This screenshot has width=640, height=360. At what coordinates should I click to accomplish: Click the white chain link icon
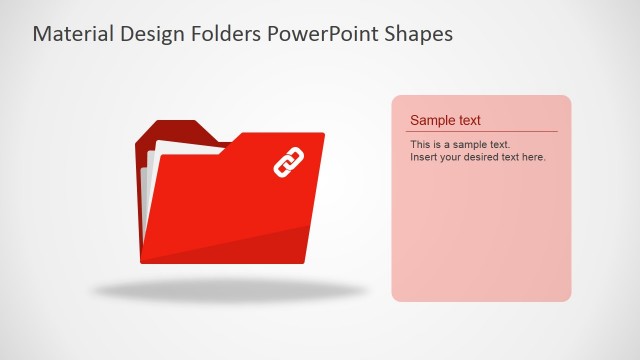click(288, 161)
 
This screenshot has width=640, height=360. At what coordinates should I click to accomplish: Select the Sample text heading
click(445, 120)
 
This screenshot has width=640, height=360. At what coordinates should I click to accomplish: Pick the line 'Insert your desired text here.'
click(478, 157)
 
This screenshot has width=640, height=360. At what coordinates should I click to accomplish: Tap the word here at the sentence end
click(534, 157)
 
